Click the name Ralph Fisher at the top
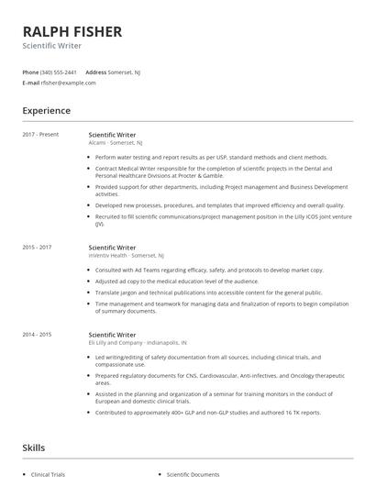(72, 31)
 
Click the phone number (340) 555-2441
(59, 72)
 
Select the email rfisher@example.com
(69, 83)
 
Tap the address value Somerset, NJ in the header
(125, 72)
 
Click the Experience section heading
(46, 111)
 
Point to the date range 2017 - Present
(40, 135)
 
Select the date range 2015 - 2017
(37, 248)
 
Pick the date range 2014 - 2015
(37, 336)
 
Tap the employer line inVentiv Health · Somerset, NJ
(126, 256)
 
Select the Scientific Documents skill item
(193, 475)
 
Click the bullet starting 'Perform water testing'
(211, 157)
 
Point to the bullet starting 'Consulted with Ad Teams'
(209, 271)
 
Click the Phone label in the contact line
(30, 72)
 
